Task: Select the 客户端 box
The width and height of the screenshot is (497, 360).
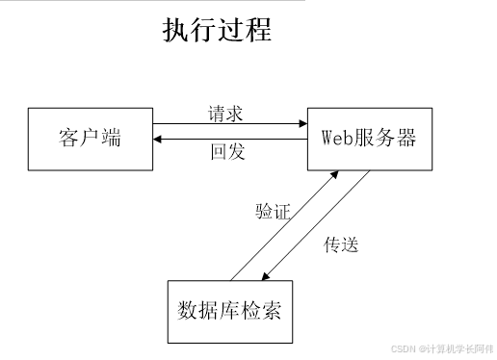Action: point(90,138)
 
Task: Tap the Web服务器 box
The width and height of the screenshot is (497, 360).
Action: point(368,138)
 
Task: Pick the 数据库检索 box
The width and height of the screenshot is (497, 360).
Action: point(229,312)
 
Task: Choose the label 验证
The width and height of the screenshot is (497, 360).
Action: point(273,212)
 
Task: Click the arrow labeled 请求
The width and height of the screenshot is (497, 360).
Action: point(227,124)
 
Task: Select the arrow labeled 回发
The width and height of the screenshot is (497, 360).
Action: point(227,140)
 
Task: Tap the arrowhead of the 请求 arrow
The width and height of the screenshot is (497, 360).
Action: point(301,124)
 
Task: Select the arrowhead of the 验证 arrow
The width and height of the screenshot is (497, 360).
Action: point(333,176)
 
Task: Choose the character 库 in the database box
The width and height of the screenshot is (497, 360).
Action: point(229,312)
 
